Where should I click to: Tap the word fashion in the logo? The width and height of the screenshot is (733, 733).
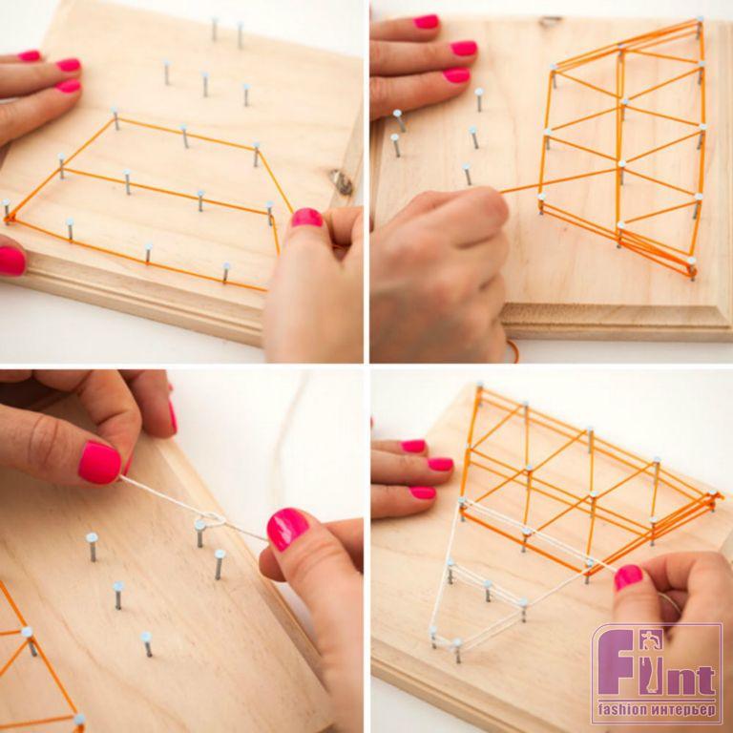[623, 709]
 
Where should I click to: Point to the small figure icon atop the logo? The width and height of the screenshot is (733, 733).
[652, 639]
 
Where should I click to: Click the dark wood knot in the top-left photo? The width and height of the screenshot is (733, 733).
[343, 183]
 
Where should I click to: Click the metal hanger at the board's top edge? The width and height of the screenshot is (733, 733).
[551, 21]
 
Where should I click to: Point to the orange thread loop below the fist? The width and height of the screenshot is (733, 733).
[513, 350]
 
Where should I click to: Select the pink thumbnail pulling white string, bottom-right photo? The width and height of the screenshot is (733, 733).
[628, 577]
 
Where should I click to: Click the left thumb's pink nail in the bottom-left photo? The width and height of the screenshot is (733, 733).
[99, 463]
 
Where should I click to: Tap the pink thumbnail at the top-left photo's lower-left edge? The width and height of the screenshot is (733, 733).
[11, 261]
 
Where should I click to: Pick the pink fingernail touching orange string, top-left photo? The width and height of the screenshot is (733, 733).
[306, 218]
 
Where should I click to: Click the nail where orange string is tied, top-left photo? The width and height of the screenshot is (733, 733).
[6, 209]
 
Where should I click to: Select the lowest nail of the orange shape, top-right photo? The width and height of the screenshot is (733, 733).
[691, 268]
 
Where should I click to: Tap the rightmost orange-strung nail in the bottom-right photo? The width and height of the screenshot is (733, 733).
[712, 499]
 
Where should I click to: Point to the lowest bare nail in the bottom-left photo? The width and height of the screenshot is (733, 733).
[147, 643]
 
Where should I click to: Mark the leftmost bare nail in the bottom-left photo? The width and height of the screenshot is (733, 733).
[92, 547]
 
